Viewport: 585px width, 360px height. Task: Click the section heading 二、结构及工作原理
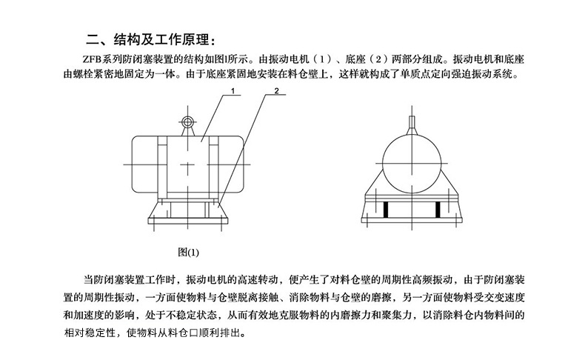pos(151,40)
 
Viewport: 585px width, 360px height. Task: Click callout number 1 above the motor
pos(233,90)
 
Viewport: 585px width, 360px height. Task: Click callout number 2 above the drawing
pos(276,90)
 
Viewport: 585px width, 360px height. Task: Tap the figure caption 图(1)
pos(188,252)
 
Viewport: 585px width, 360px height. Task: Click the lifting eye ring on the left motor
pos(187,122)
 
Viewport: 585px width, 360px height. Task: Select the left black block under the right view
pos(386,210)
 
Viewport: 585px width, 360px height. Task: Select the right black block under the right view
pos(438,210)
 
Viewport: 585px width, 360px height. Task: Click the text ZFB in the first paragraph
pos(92,60)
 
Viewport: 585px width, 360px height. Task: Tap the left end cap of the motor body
pos(144,164)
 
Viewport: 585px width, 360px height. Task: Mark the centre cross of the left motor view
pos(187,164)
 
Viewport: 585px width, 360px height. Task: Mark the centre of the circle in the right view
pos(412,164)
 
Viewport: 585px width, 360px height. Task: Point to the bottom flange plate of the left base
pos(187,221)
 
